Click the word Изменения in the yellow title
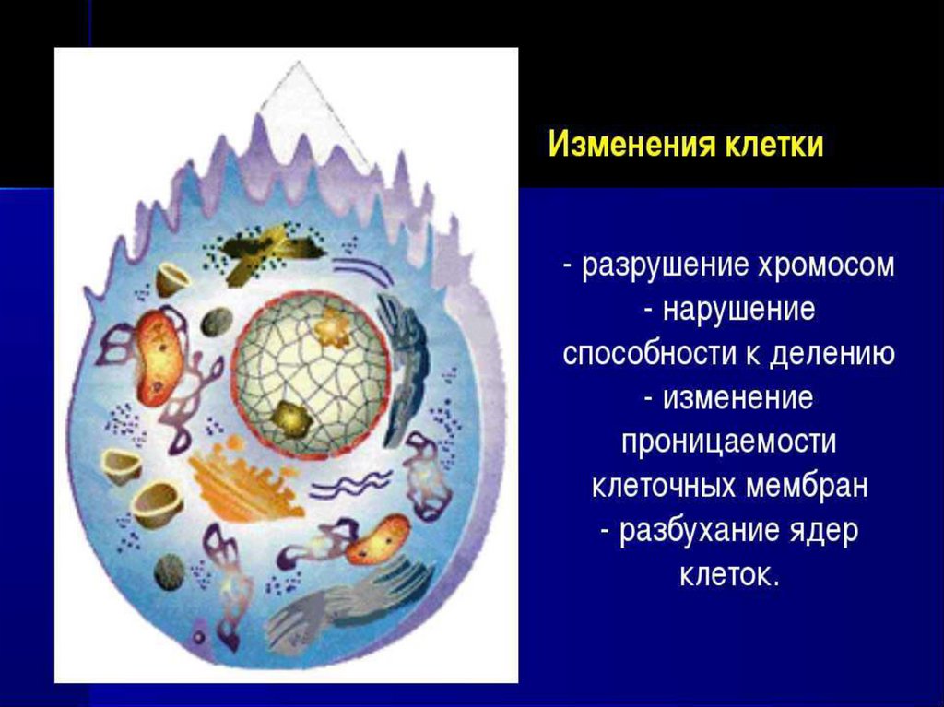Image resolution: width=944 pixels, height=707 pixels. [x=631, y=145]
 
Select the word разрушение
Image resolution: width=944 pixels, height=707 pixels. [x=664, y=266]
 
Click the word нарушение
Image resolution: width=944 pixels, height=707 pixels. [x=738, y=310]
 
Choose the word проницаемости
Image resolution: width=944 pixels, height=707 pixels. [x=728, y=442]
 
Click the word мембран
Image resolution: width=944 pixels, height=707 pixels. [x=807, y=486]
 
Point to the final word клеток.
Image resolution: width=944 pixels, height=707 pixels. [x=730, y=574]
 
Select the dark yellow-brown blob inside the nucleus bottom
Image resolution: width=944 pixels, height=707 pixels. [x=290, y=418]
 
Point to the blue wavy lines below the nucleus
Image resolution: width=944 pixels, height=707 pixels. [x=350, y=482]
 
